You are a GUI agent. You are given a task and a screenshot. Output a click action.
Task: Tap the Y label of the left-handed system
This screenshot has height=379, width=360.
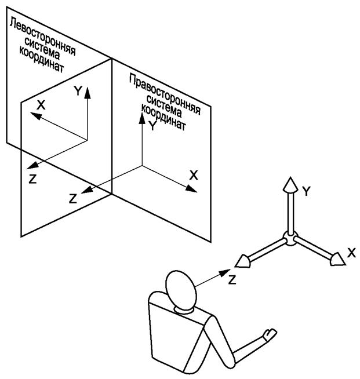(78, 90)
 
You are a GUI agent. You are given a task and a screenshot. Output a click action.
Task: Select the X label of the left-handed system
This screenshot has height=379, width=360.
(41, 105)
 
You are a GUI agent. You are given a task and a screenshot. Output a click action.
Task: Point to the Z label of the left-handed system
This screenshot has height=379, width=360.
(32, 179)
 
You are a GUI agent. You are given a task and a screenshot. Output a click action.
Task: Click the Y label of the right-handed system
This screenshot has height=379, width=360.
(152, 126)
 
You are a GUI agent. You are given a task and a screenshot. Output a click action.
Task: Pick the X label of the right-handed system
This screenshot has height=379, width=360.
(194, 175)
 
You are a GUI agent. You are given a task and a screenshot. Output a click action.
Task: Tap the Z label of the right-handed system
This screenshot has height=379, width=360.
(73, 199)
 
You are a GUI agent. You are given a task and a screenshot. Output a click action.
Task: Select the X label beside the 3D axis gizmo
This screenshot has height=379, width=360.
(351, 253)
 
